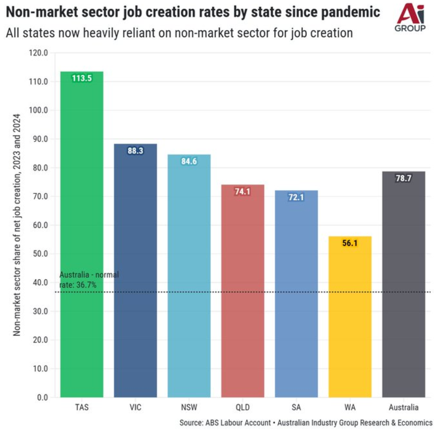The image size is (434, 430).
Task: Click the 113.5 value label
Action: coord(82,78)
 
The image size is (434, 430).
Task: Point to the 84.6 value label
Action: coord(189,161)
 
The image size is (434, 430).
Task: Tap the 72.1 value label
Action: coord(296,197)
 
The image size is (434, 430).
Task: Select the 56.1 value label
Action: coord(350,243)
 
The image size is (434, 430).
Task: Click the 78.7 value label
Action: coord(403,178)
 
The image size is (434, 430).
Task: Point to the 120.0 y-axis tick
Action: coord(38,53)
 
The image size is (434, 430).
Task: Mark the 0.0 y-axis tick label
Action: coord(42,397)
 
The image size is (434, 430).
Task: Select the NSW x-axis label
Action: coord(189,407)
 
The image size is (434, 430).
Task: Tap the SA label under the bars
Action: coord(296,407)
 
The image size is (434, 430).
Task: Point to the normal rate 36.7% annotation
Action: coord(89,280)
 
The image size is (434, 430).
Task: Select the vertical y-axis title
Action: coord(16,225)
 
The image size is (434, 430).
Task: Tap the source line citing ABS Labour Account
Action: coord(306,422)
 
